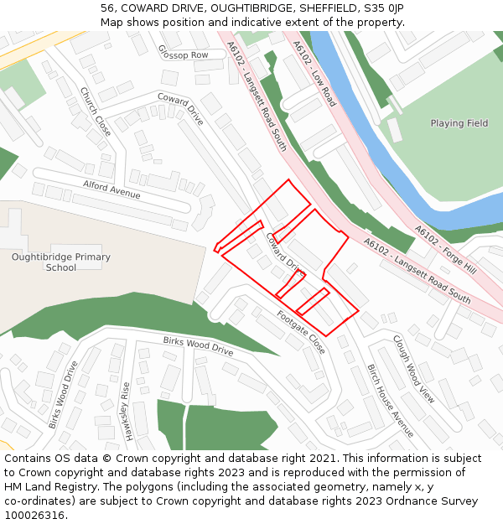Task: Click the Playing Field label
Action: [x=459, y=123]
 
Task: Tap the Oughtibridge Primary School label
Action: [x=60, y=262]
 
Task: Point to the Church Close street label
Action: [x=96, y=112]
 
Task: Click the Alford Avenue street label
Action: [x=111, y=189]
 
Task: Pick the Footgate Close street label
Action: [x=301, y=331]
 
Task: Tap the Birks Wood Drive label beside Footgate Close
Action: [x=198, y=345]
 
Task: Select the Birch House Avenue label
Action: [x=391, y=400]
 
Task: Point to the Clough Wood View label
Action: [x=414, y=369]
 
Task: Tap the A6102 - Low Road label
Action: [x=314, y=74]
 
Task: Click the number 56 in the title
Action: [x=107, y=8]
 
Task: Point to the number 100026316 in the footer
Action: [x=34, y=515]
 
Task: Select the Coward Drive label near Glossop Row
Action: [x=180, y=109]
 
